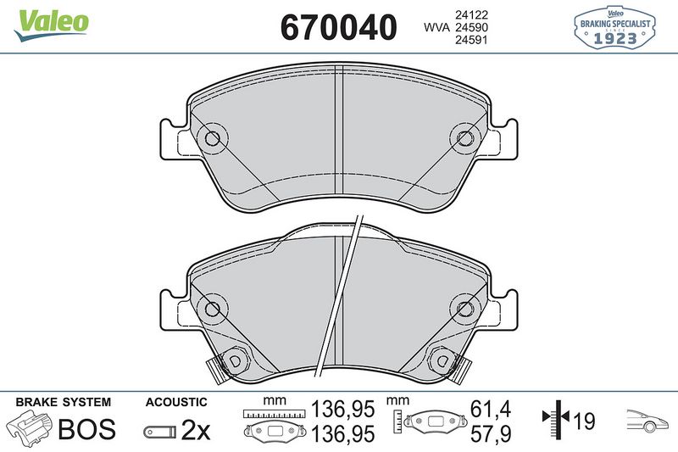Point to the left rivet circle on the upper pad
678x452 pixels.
tap(212, 138)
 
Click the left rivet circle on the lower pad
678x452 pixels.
tap(212, 309)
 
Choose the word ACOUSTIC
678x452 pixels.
tap(176, 402)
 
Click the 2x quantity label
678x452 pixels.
tap(196, 431)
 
